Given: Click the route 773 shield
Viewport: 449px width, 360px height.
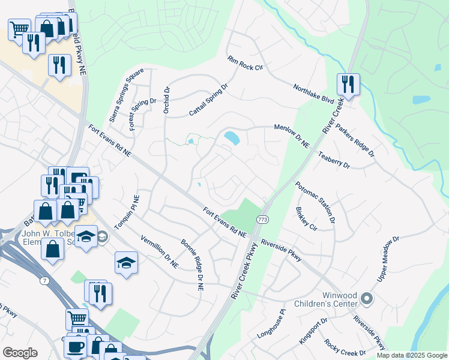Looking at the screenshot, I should tap(262, 220).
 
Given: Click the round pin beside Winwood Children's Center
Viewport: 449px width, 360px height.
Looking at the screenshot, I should tap(368, 298).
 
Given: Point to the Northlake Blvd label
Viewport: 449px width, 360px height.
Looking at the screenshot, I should tap(313, 96).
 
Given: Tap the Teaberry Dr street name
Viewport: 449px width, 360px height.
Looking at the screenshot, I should tap(334, 160).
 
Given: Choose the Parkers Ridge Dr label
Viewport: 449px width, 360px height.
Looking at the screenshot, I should tap(355, 140).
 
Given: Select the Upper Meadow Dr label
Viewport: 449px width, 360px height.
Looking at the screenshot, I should tap(388, 259).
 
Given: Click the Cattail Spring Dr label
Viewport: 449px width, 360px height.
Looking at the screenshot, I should tap(209, 100).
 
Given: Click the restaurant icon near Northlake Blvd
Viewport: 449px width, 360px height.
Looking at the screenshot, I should tap(347, 84).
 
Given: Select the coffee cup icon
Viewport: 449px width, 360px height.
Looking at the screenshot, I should tap(76, 347).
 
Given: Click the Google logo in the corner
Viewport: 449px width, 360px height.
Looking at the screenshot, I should tap(20, 353).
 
